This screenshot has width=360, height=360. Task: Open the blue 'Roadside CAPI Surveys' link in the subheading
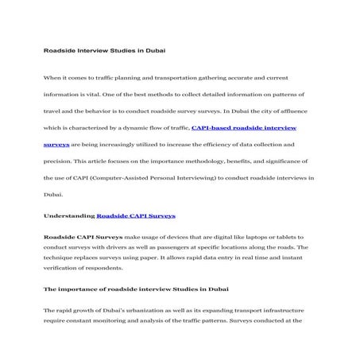[x=136, y=215]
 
